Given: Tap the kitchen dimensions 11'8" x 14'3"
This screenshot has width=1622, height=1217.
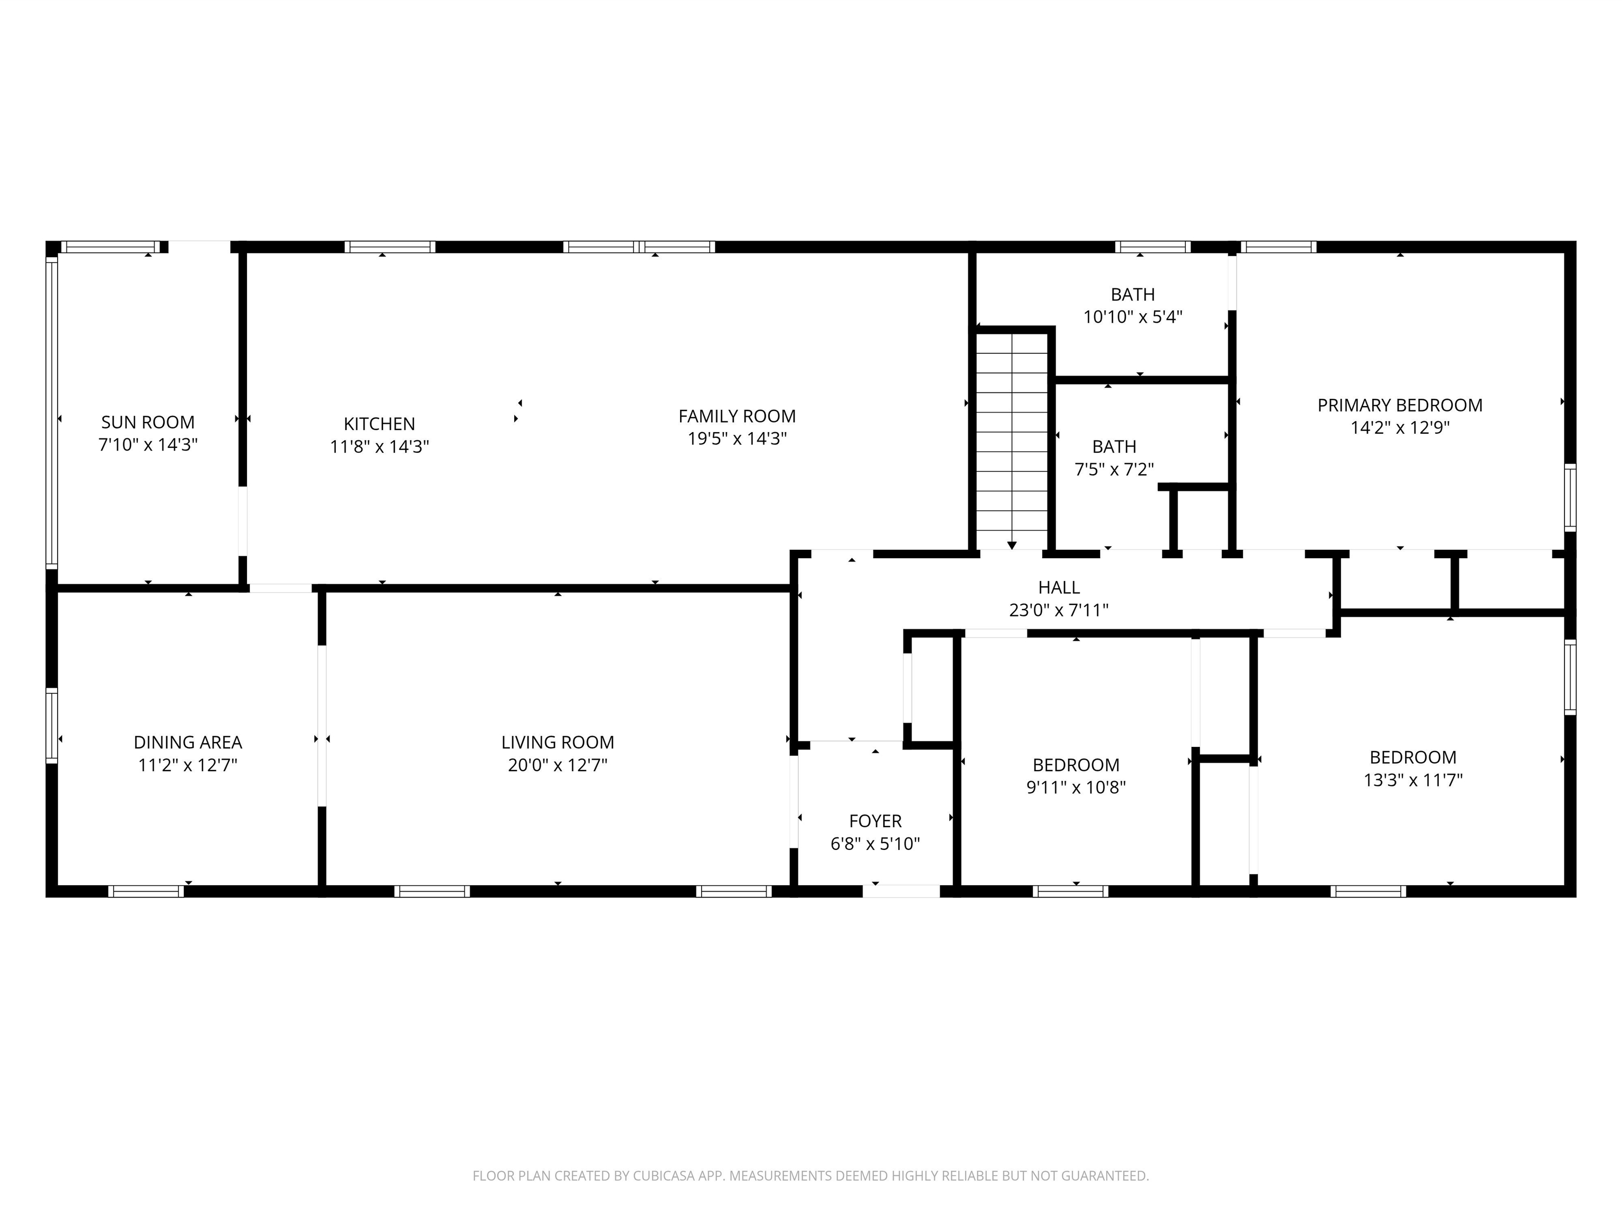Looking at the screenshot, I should [379, 447].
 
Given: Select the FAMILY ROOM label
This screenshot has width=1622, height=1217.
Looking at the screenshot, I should [737, 417].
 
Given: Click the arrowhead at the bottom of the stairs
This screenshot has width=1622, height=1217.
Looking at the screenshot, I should [1012, 545].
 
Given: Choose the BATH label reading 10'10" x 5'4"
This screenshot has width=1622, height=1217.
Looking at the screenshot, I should [1133, 295].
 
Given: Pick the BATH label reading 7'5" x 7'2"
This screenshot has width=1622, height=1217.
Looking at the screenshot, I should [1114, 447].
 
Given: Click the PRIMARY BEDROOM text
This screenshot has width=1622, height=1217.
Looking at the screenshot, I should [1399, 406].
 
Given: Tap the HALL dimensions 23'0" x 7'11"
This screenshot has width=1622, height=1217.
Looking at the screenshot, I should [1058, 610].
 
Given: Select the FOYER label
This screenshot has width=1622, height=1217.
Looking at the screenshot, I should [875, 821].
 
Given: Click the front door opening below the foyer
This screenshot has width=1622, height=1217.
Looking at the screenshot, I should [901, 891].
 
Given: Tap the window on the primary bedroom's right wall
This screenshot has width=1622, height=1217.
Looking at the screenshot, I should [1570, 498].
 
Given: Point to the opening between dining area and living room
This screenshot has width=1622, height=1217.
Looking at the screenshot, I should [321, 726].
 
